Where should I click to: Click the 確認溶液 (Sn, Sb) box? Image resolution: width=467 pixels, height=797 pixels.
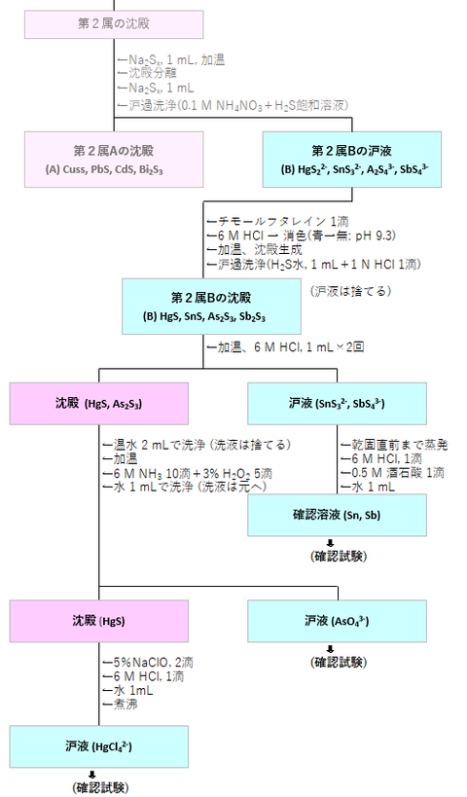click(337, 516)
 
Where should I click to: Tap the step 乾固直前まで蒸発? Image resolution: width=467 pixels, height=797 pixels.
click(393, 444)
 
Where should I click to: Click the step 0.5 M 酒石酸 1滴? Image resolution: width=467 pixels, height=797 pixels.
click(393, 472)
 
